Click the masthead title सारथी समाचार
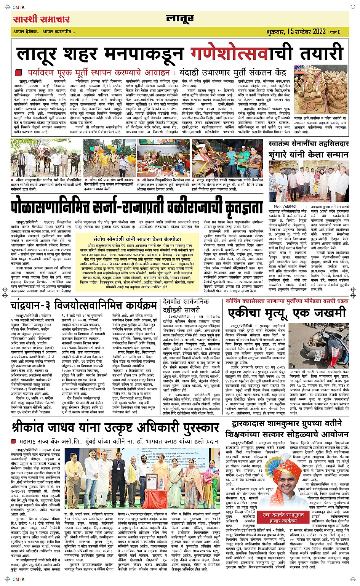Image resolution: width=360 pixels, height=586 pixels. pyautogui.click(x=42, y=19)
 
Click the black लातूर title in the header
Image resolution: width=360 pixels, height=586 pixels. pyautogui.click(x=180, y=19)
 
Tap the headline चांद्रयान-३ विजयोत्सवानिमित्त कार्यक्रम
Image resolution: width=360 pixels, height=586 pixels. pyautogui.click(x=84, y=305)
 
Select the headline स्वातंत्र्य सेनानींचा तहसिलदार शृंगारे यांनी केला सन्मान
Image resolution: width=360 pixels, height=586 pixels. pyautogui.click(x=308, y=149)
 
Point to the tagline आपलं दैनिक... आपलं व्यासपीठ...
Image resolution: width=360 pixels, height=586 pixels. pyautogui.click(x=44, y=32)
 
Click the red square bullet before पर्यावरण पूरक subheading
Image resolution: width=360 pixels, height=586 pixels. pyautogui.click(x=19, y=72)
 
